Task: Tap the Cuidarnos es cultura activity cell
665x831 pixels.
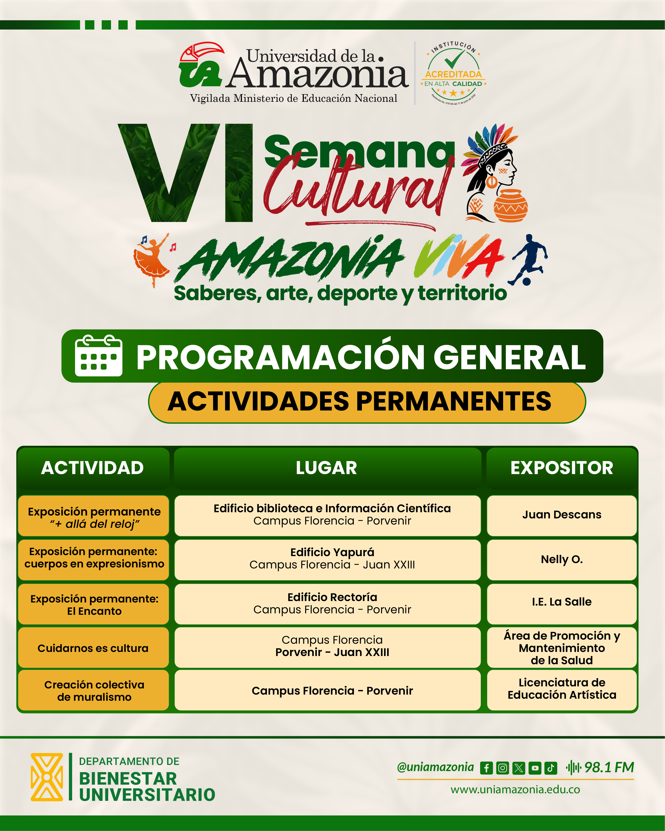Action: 93,648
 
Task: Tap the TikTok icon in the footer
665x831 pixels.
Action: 551,768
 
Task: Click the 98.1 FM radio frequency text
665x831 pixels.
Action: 609,767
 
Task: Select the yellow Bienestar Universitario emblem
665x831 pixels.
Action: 47,777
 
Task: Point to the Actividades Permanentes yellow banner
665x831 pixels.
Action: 367,402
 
